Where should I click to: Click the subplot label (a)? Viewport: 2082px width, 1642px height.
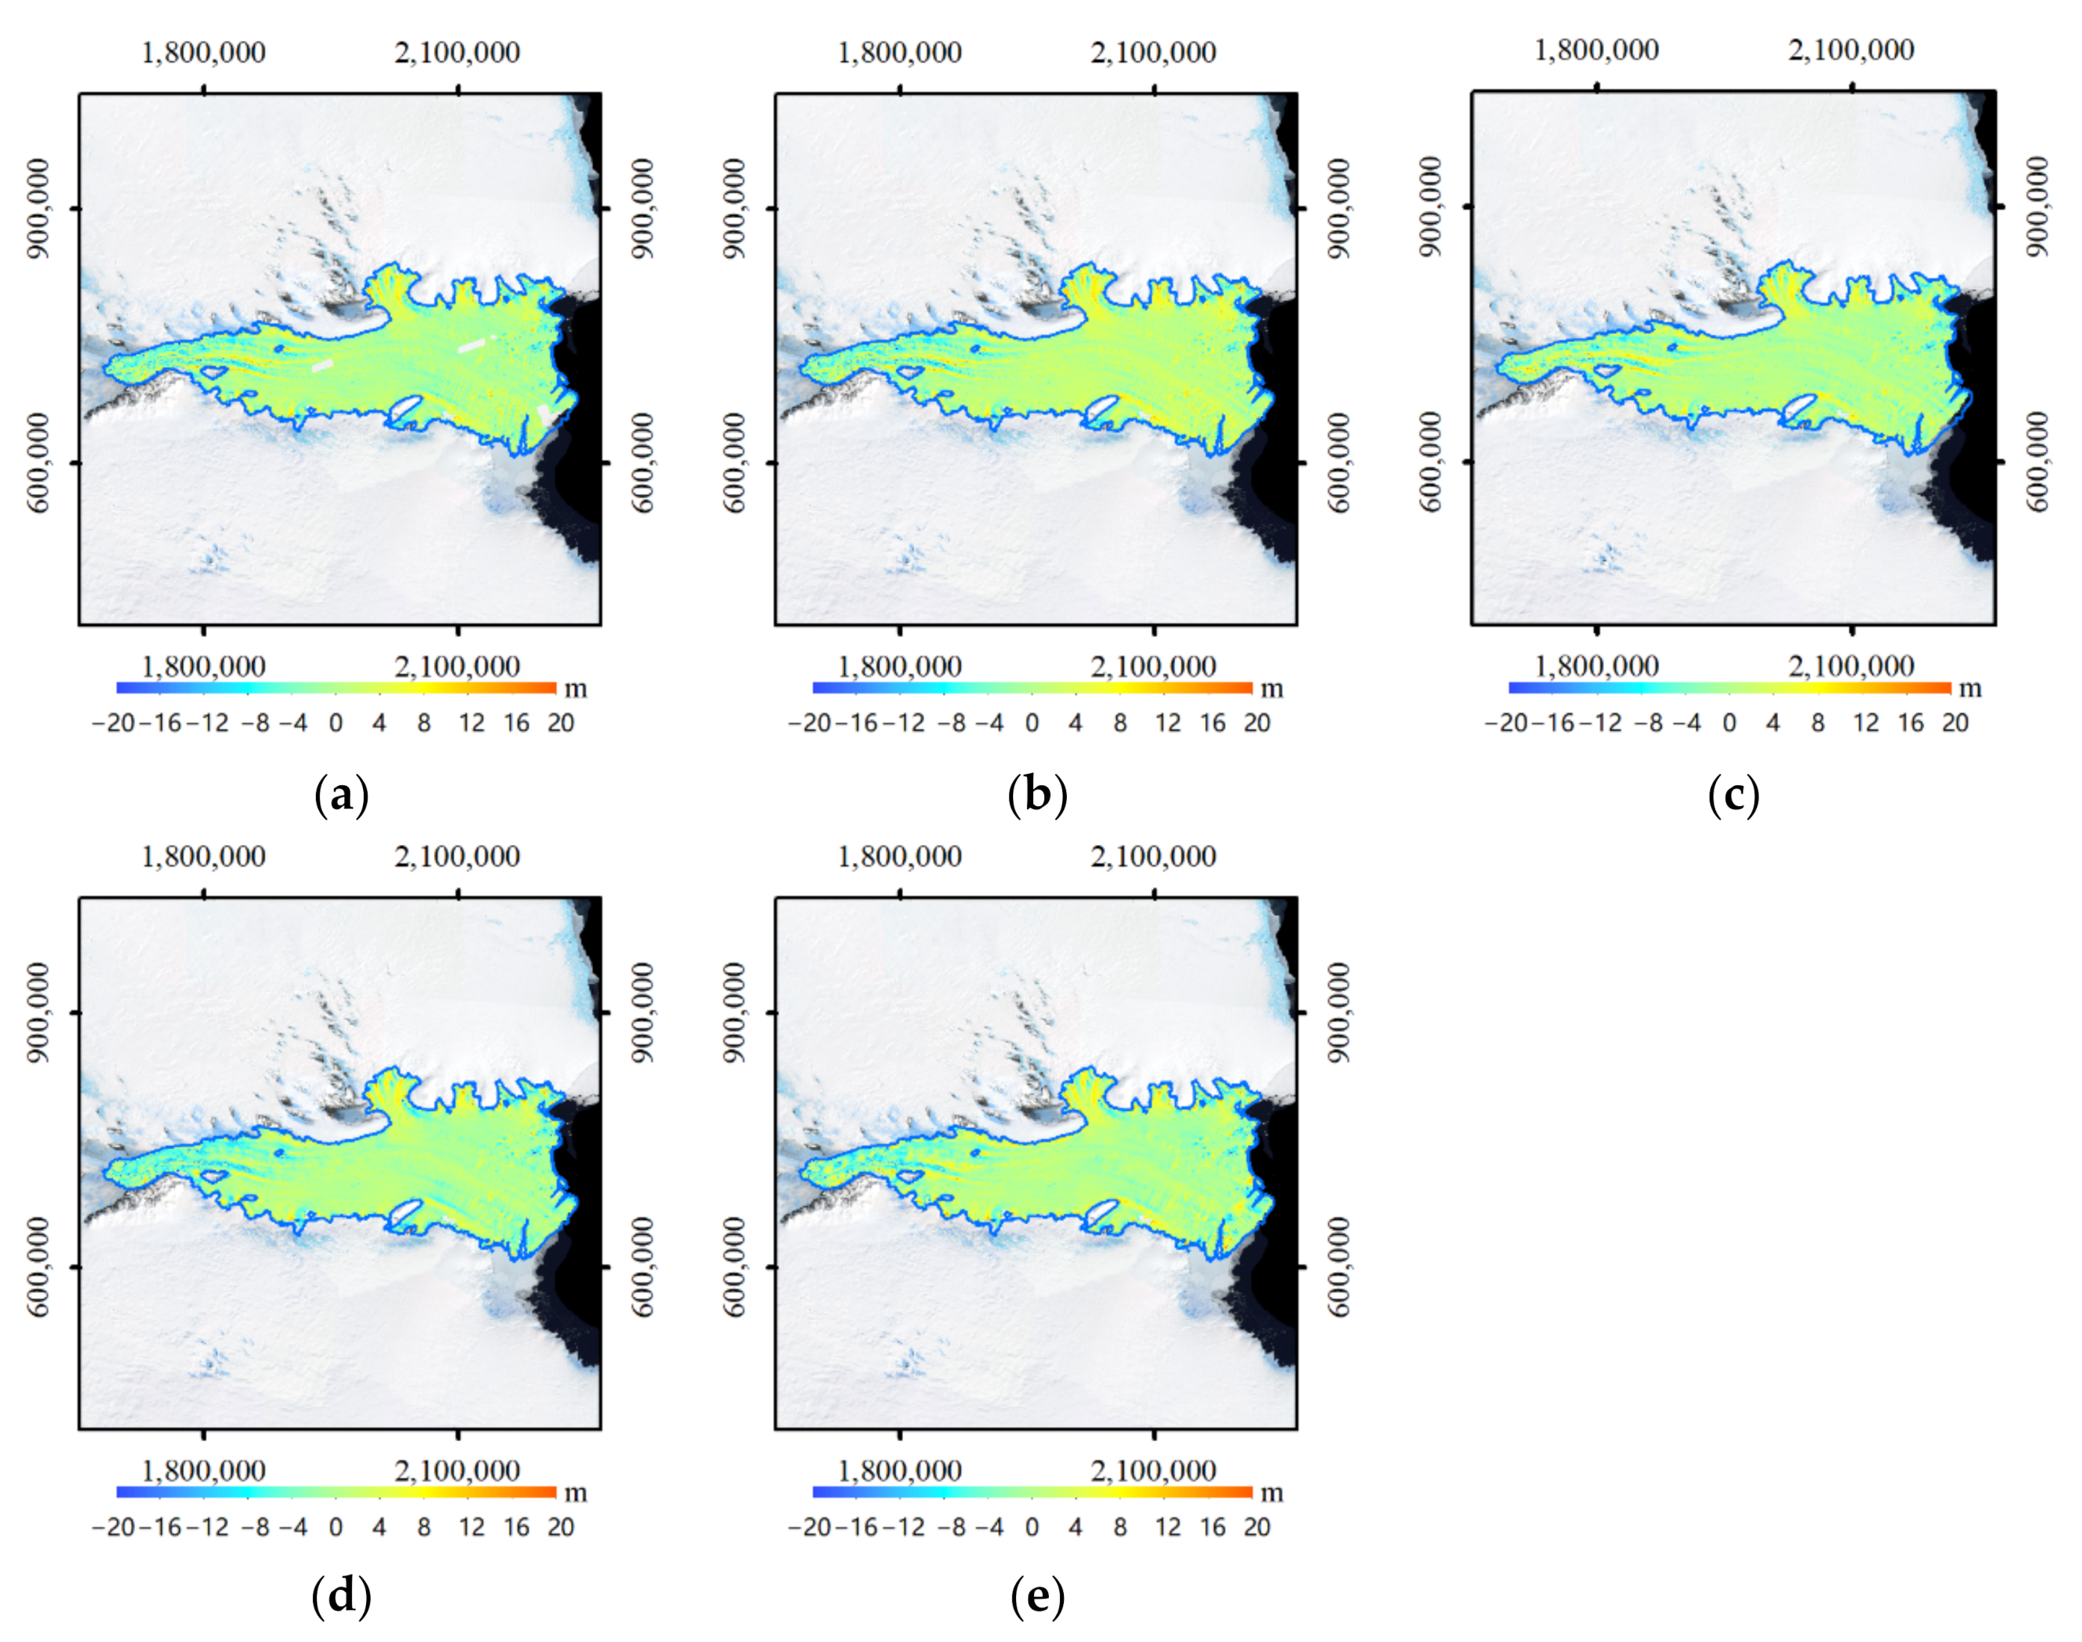point(341,796)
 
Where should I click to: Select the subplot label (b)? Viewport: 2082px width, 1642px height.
point(1037,796)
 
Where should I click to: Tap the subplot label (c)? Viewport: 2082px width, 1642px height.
point(1733,796)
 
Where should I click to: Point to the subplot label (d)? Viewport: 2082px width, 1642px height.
point(341,1597)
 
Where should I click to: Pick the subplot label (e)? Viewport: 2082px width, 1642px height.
point(1037,1597)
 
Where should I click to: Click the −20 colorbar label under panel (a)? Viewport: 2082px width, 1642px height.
point(113,723)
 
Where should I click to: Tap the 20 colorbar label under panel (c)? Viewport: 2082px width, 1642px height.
point(1955,723)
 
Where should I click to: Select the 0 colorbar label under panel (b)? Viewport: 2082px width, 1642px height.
point(1032,723)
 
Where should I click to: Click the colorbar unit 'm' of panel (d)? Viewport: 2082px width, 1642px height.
point(574,1493)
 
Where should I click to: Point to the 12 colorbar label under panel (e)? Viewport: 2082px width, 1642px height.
point(1167,1527)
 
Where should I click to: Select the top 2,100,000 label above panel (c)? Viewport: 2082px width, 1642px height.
point(1851,50)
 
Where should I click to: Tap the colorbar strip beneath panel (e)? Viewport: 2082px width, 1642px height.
point(1032,1492)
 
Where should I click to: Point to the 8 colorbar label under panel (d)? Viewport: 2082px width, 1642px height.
point(424,1527)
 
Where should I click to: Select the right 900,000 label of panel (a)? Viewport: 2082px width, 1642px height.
point(643,208)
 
